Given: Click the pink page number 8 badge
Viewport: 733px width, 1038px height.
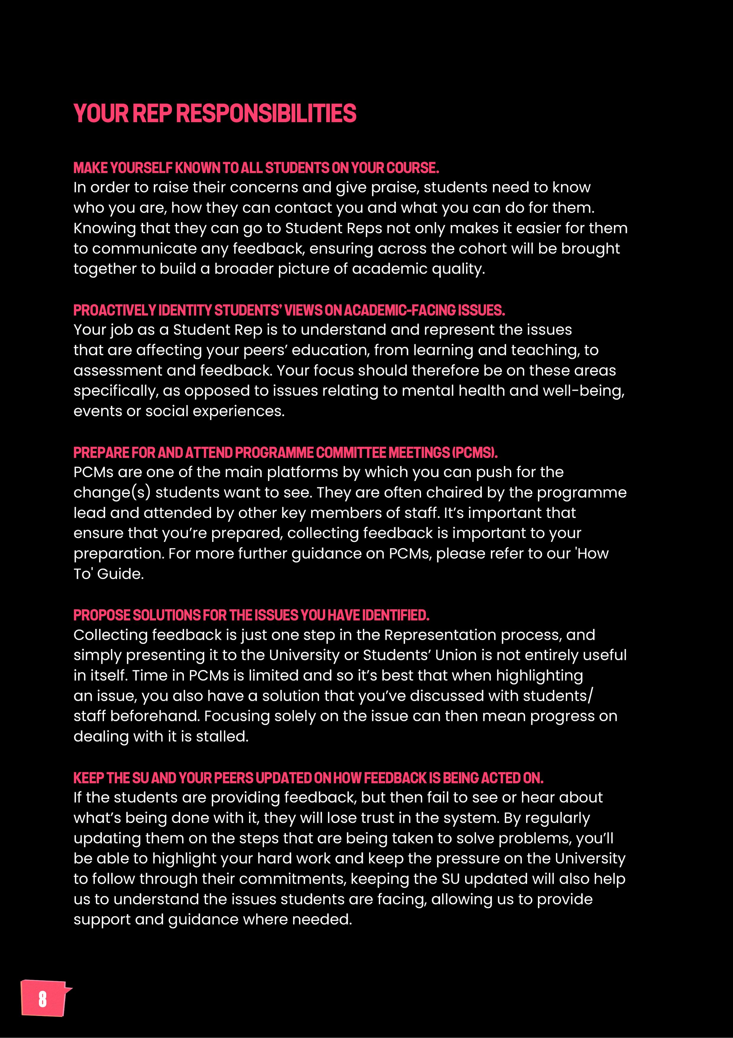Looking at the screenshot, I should coord(43,999).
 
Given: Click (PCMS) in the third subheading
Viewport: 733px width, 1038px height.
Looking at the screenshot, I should coord(474,453).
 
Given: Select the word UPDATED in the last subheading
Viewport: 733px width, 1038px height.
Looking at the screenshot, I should coord(284,778).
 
